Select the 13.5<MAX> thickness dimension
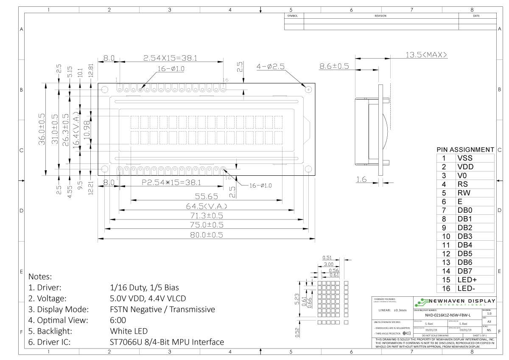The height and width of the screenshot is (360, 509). (x=426, y=55)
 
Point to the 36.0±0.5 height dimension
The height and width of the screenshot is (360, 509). (x=42, y=129)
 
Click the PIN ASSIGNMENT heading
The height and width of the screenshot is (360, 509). (x=465, y=149)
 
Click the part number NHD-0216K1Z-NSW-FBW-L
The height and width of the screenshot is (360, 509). (x=447, y=315)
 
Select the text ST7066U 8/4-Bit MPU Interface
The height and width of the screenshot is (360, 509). (x=167, y=342)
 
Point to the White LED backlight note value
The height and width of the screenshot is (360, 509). (x=129, y=331)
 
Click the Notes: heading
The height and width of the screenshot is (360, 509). (x=40, y=276)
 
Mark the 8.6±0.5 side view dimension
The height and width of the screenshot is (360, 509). (x=334, y=66)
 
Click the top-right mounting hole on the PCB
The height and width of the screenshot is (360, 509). (x=308, y=89)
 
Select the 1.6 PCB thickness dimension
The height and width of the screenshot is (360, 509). (x=361, y=180)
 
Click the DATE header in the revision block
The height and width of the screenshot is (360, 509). (x=476, y=16)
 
